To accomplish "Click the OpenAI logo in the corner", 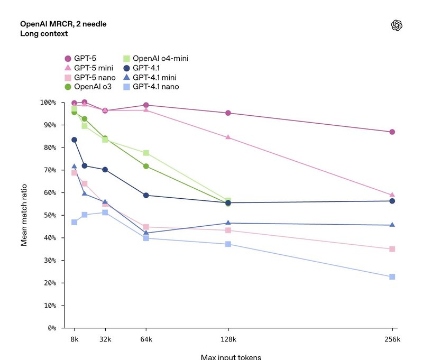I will click(x=397, y=25).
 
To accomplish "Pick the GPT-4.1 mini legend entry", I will click(x=154, y=78).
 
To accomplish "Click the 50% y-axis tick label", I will click(x=52, y=215).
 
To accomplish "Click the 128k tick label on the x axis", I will click(x=228, y=339).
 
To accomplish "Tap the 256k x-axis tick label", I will click(x=392, y=339).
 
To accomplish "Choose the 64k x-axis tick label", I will click(x=146, y=339).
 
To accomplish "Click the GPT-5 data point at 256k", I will click(x=392, y=132).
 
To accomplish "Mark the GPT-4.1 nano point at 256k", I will click(x=392, y=277).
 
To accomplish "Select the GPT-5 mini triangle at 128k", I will click(x=228, y=137).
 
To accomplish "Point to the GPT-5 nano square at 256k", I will click(x=392, y=249).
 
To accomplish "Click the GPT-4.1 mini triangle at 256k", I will click(x=392, y=225).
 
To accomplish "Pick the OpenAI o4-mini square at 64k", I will click(x=146, y=153).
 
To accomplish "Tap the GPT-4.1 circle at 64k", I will click(x=146, y=196).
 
